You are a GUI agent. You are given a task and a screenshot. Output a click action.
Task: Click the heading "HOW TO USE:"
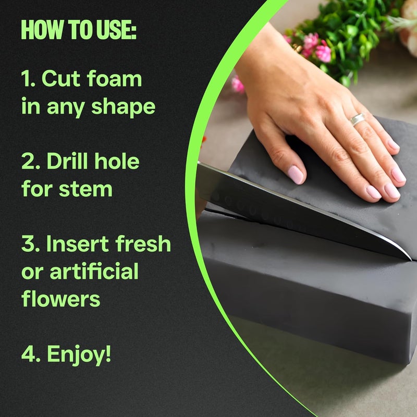(x=78, y=31)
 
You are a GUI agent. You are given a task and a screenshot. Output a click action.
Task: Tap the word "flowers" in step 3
(x=61, y=299)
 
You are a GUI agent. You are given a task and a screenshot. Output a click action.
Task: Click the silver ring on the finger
(x=357, y=119)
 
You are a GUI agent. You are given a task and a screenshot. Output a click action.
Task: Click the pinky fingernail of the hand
(x=398, y=175)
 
